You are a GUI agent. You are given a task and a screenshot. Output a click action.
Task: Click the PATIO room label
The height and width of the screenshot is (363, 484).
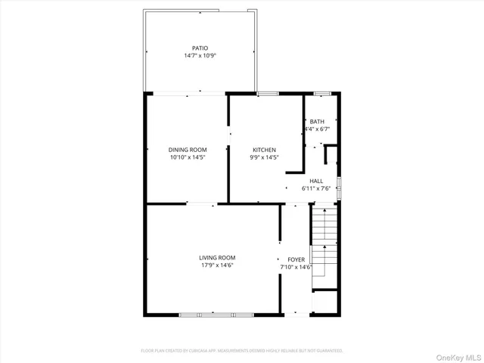click(x=200, y=48)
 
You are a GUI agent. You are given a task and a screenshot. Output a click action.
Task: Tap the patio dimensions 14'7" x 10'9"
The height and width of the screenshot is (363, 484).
click(x=200, y=56)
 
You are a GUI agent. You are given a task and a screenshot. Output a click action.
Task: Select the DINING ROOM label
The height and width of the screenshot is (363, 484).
click(x=187, y=150)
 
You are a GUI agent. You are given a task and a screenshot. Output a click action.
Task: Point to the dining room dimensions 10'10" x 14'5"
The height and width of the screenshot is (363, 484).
click(x=187, y=157)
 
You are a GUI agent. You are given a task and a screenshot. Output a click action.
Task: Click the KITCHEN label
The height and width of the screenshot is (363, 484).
click(x=264, y=150)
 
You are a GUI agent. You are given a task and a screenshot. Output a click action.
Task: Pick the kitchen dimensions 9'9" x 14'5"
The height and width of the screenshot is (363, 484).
click(x=264, y=157)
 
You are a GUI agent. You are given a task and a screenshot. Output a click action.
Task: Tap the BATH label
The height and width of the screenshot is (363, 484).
click(x=316, y=122)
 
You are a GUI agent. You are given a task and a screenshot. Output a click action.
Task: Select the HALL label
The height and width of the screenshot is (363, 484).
click(x=316, y=181)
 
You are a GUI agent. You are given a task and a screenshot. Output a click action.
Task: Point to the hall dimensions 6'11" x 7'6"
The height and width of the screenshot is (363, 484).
click(x=316, y=188)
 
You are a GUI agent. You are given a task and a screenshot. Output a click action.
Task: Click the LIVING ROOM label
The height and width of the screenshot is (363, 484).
click(x=217, y=258)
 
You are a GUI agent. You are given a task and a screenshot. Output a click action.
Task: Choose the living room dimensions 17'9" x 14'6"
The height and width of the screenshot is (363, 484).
click(x=217, y=265)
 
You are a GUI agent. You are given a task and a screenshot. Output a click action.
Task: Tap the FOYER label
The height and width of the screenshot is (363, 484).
click(x=296, y=259)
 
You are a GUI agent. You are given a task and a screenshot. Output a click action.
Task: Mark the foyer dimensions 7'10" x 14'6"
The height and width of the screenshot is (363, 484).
click(x=296, y=267)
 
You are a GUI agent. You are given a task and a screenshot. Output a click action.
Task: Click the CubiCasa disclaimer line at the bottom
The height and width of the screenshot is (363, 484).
click(x=242, y=351)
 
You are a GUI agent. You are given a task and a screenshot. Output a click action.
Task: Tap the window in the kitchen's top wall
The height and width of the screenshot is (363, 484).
click(x=267, y=93)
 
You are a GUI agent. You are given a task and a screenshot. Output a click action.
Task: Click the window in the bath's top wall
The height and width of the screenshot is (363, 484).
click(x=322, y=93)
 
